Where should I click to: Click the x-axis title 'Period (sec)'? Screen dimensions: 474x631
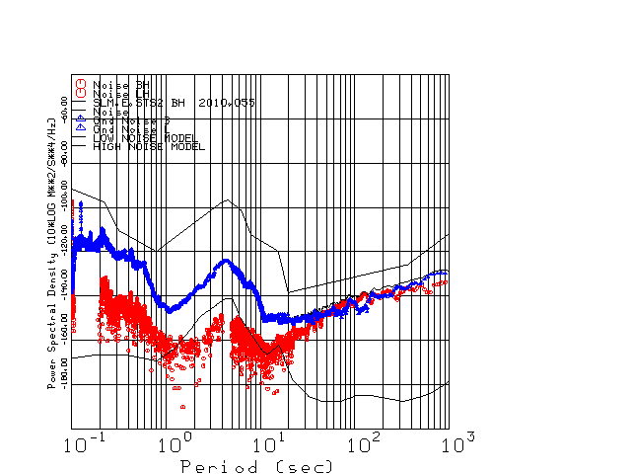point(256,465)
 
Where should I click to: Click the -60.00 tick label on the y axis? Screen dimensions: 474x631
point(64,108)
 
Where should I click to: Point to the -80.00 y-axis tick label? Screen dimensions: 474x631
point(64,152)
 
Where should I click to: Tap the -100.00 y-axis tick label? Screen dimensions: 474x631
point(64,197)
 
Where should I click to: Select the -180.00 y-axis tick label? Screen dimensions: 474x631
point(64,374)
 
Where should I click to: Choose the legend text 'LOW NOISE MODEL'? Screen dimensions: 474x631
point(145,138)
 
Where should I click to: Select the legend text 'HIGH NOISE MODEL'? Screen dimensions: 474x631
point(148,146)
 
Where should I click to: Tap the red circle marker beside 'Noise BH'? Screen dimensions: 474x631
point(82,83)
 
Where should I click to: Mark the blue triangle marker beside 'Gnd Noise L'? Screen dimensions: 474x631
point(82,128)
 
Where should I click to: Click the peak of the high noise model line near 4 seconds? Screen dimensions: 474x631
point(228,200)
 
